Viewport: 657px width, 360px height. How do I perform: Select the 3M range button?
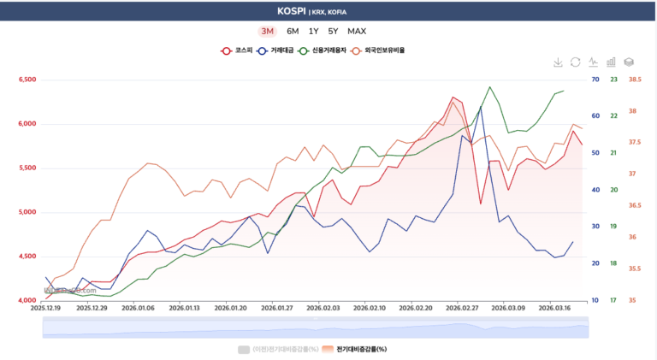267,32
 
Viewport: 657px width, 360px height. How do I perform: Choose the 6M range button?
293,32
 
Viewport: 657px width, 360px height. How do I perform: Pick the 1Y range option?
314,32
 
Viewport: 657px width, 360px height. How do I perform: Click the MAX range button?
357,32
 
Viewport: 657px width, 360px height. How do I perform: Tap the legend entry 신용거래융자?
326,50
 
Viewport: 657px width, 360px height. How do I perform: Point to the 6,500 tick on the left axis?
27,80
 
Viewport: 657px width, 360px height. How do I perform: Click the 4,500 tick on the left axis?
27,257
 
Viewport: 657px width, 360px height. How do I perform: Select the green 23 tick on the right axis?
613,80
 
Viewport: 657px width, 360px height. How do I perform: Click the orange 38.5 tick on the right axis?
635,80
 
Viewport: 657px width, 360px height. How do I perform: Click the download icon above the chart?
558,62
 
